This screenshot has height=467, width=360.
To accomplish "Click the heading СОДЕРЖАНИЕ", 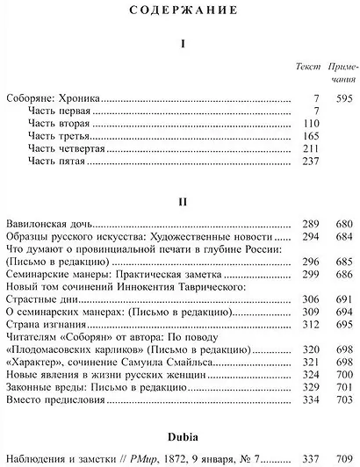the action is pyautogui.click(x=180, y=11).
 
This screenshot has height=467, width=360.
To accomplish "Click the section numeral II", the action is pyautogui.click(x=180, y=200).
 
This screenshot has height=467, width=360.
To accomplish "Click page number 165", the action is pyautogui.click(x=304, y=137).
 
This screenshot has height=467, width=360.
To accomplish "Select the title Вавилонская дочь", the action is pyautogui.click(x=50, y=224).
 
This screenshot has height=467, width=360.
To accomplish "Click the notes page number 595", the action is pyautogui.click(x=342, y=99).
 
